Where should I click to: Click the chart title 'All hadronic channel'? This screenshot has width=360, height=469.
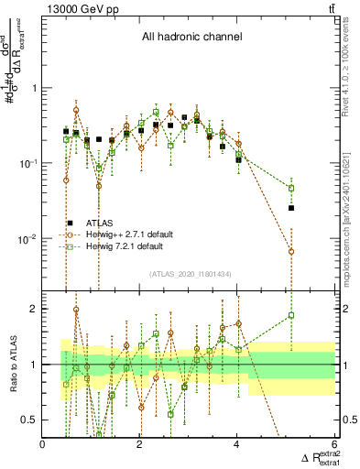click(x=191, y=38)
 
